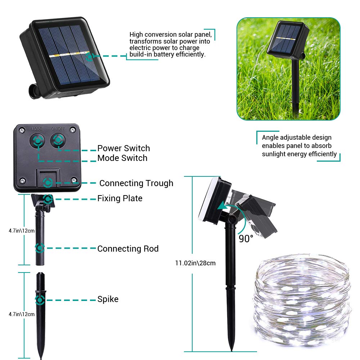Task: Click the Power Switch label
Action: [x=123, y=148]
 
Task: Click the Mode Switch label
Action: [x=122, y=158]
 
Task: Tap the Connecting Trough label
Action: [x=136, y=183]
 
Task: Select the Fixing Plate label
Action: [x=120, y=198]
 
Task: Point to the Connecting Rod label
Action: [x=128, y=249]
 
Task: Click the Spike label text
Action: [x=108, y=299]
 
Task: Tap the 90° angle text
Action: [x=246, y=239]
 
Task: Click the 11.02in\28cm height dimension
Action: [x=195, y=263]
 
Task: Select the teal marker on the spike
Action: [x=40, y=300]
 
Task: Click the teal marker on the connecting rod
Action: [x=40, y=248]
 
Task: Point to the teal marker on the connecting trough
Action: [x=48, y=183]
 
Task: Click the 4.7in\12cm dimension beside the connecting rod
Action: [x=22, y=231]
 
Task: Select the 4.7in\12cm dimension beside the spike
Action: [x=22, y=314]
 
